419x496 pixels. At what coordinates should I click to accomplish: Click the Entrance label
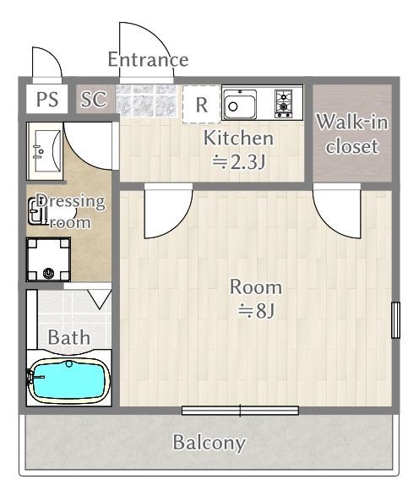(x=148, y=59)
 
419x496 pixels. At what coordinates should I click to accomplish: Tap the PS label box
(x=46, y=99)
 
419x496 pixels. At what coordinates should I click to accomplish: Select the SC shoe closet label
(x=94, y=99)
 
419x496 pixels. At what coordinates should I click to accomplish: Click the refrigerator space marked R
(x=201, y=105)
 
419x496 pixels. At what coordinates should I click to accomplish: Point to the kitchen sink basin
(x=240, y=104)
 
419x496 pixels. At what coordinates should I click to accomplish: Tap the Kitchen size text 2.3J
(x=238, y=162)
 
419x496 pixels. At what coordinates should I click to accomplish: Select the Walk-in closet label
(x=352, y=134)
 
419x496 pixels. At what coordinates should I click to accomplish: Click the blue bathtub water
(x=68, y=380)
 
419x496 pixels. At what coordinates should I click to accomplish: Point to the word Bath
(x=69, y=337)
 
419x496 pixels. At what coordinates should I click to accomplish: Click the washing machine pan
(x=48, y=259)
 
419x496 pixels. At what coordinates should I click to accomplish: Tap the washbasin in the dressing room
(x=45, y=151)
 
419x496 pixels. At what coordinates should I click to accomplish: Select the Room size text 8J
(x=256, y=311)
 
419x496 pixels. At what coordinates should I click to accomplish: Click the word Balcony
(x=209, y=443)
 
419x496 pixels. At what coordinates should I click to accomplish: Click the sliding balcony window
(x=240, y=411)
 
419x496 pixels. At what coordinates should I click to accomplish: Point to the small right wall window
(x=395, y=320)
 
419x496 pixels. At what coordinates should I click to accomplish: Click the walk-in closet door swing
(x=336, y=214)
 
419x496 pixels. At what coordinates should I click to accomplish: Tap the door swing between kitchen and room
(x=168, y=214)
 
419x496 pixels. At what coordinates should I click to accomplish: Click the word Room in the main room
(x=255, y=287)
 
